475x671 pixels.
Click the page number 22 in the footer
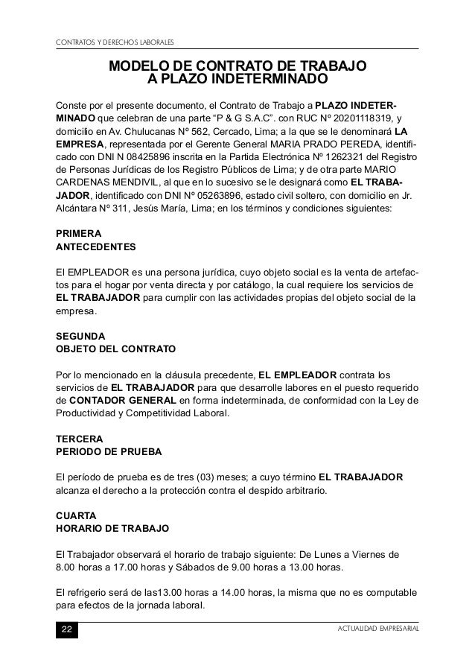[x=67, y=631]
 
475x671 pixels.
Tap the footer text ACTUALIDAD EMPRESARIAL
[x=377, y=631]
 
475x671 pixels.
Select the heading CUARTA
[x=76, y=515]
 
